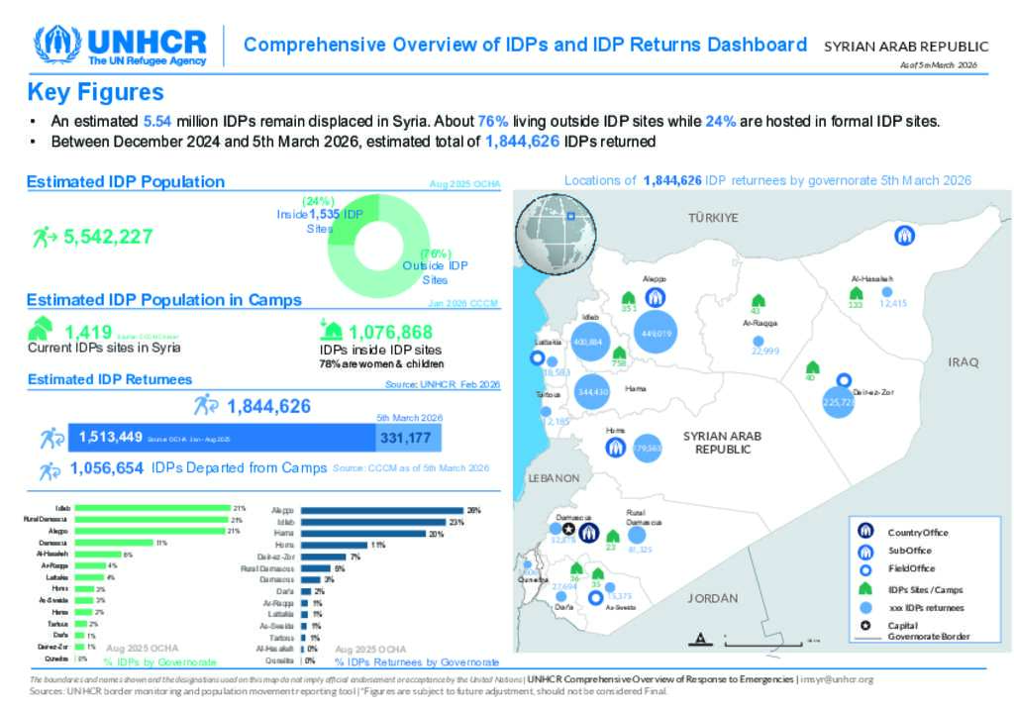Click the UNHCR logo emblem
57,45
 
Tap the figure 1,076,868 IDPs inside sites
390,332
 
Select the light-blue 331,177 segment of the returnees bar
409,438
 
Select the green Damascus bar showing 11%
115,543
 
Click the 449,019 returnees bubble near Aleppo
657,334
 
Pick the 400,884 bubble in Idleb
587,342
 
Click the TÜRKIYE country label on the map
713,218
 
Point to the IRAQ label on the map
963,362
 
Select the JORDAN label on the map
713,598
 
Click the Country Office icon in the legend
864,532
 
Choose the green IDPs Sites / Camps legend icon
864,589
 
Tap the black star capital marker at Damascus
568,531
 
